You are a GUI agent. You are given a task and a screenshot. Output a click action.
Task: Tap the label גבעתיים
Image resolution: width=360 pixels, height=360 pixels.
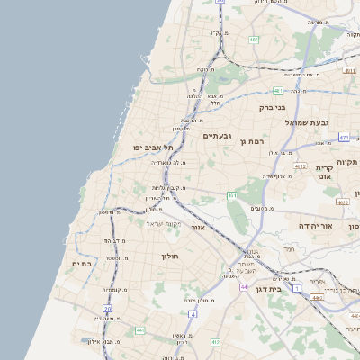(219, 136)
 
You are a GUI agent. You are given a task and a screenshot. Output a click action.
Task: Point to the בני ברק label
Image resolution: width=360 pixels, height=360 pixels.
(273, 106)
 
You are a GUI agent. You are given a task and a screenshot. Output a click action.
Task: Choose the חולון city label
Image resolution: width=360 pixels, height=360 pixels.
(171, 256)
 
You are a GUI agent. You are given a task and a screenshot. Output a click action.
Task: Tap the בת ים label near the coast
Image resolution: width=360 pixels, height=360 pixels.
(82, 264)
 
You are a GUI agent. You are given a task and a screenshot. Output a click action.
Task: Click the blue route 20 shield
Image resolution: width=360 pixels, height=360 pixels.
(107, 309)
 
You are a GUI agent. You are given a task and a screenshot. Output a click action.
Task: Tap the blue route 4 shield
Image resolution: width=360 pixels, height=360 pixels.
(193, 313)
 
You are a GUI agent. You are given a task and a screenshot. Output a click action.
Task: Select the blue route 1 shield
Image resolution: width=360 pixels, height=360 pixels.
(296, 288)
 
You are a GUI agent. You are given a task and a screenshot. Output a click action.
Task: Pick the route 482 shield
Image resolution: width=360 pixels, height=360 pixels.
(254, 40)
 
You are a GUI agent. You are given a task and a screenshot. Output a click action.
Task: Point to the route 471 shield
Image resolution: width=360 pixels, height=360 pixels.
(344, 138)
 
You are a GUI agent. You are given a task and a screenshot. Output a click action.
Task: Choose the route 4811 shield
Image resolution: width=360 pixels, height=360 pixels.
(349, 69)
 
